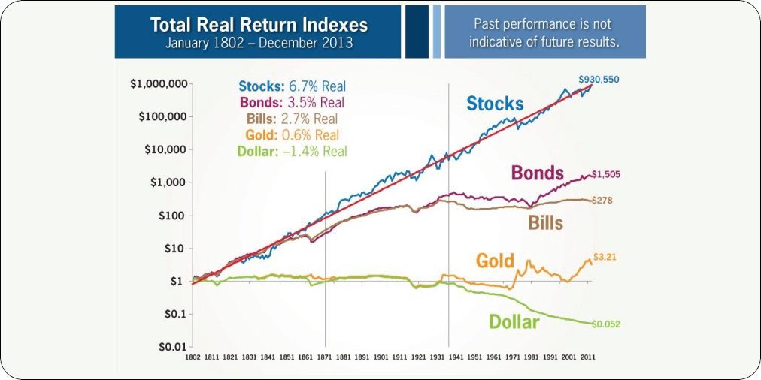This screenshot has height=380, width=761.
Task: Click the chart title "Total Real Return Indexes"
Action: pos(259,25)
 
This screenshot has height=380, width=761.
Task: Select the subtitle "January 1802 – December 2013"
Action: pos(259,43)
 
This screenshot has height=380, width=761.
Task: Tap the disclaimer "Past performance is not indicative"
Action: pos(544,32)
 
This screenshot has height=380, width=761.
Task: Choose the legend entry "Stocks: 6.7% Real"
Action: pos(292,86)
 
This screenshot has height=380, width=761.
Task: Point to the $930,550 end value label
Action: pos(599,79)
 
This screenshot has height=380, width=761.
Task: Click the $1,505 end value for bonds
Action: pos(608,174)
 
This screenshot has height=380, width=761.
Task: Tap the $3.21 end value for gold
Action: pos(606,256)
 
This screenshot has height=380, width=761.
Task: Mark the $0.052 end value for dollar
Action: pos(606,324)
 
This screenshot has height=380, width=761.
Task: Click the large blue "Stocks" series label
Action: pos(495,104)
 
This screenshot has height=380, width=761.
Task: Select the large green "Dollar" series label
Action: pos(514,322)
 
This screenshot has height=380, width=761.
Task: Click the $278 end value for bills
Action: pos(603,201)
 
